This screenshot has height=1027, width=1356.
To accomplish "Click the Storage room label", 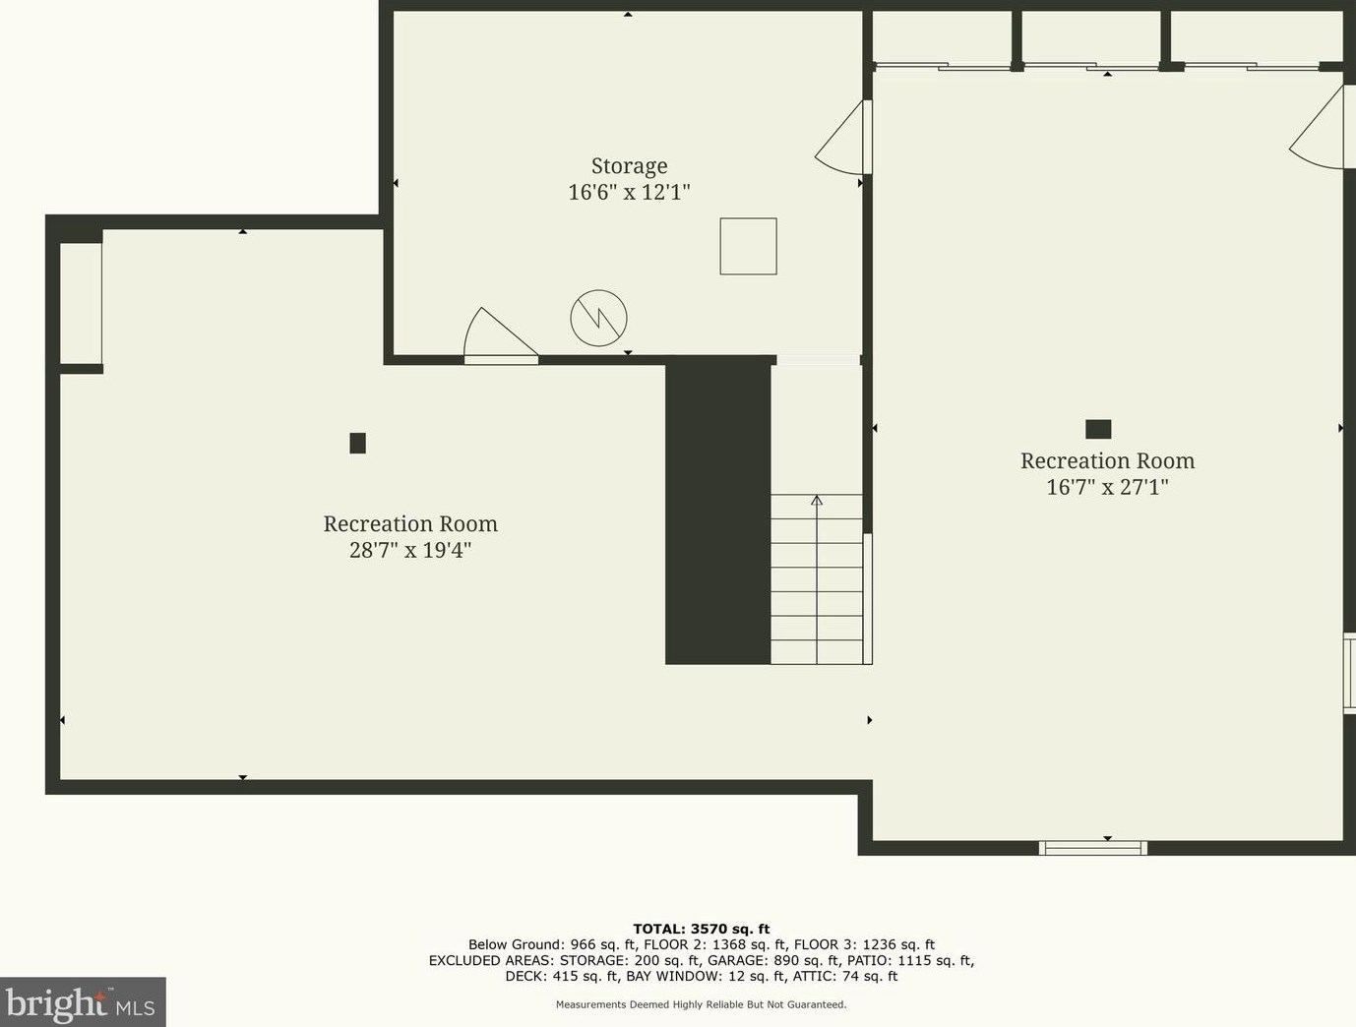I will (x=629, y=166).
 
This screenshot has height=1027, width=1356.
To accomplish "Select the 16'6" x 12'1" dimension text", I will (x=629, y=192).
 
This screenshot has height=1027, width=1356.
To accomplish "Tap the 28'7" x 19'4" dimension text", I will (x=410, y=550).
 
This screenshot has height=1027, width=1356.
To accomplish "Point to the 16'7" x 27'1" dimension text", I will (x=1107, y=487).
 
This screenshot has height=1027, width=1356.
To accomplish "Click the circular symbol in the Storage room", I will (x=598, y=318).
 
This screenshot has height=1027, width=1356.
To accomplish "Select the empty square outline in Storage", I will (x=748, y=246).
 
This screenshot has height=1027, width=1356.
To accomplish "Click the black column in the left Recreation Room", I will (x=358, y=444).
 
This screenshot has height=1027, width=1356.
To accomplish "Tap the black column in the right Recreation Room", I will (x=1098, y=429).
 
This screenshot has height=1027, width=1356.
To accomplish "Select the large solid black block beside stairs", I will (x=717, y=512).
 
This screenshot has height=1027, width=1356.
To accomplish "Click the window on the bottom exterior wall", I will (x=1093, y=847).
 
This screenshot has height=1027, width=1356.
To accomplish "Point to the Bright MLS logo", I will (x=82, y=1002).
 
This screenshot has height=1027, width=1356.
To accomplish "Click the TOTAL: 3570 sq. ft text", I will (x=701, y=929).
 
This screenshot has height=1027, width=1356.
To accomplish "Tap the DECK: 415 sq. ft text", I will (x=562, y=976).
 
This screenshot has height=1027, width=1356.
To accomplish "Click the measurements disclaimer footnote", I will (x=701, y=1004).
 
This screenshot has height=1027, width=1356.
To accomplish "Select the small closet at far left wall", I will (x=81, y=303).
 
